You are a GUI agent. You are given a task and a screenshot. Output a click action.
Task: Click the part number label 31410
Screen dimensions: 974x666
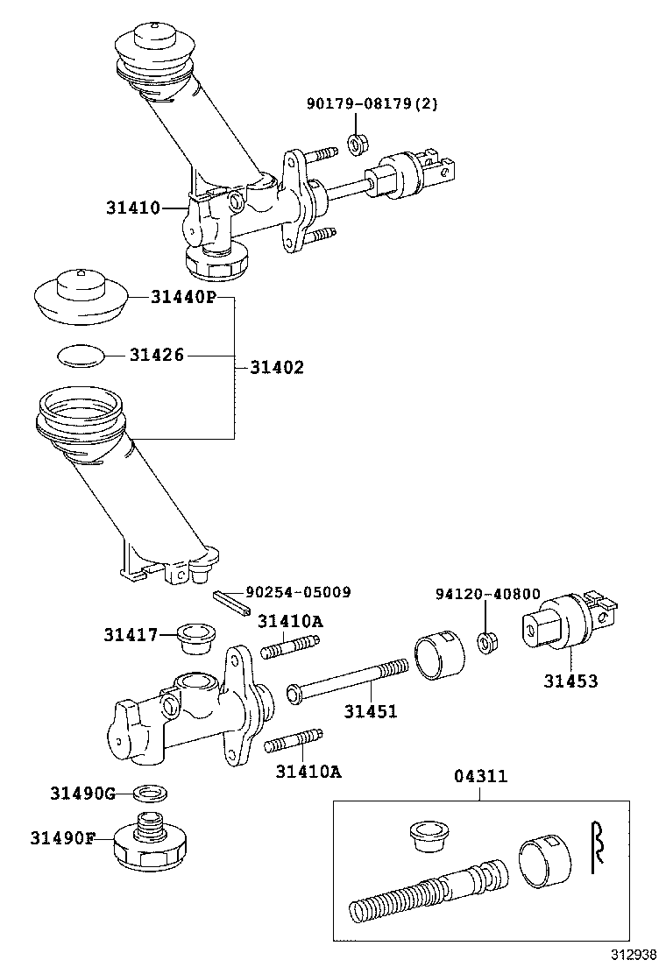point(132,208)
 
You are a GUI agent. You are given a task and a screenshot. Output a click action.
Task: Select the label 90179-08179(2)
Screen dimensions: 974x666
point(372,104)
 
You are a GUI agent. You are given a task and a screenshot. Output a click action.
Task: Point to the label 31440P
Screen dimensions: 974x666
point(182,297)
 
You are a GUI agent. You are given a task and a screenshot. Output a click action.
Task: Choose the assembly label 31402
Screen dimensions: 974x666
point(277,367)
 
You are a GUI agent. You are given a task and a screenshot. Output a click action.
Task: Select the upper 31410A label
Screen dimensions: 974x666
point(290,621)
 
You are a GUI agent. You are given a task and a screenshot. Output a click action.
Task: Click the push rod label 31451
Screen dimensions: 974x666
point(370,711)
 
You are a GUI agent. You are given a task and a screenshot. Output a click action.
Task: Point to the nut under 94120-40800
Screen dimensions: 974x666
point(487,642)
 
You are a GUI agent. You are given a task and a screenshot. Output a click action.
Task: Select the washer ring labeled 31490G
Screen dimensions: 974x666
point(152,794)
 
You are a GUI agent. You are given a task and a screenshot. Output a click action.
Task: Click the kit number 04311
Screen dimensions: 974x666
point(479,776)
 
